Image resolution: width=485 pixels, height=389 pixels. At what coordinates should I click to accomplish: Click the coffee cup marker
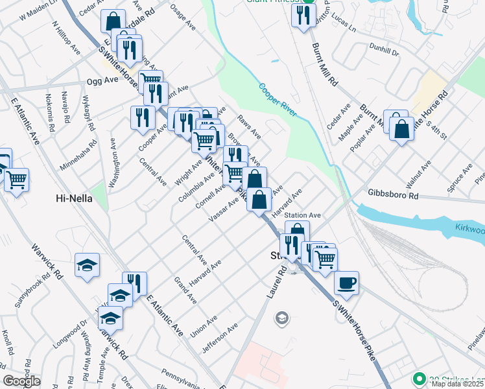point(346,283)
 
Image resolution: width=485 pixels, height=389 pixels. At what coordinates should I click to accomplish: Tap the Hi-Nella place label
point(74,200)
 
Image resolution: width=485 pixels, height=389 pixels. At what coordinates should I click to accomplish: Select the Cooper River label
point(278,100)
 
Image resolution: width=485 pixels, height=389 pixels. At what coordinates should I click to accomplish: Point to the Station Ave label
point(303,215)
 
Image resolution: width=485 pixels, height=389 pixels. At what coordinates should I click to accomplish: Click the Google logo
point(22,381)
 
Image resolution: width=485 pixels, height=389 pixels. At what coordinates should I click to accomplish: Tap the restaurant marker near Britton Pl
point(303,16)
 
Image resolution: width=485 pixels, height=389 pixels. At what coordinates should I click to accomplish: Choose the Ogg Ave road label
point(102,81)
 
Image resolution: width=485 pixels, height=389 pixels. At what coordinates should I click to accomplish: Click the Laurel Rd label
point(276,283)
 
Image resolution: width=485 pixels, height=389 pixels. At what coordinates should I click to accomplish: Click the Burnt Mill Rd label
point(325,65)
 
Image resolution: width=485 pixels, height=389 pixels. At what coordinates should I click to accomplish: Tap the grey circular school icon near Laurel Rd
point(281,318)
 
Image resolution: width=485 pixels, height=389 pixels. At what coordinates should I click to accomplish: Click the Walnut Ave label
point(420,176)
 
